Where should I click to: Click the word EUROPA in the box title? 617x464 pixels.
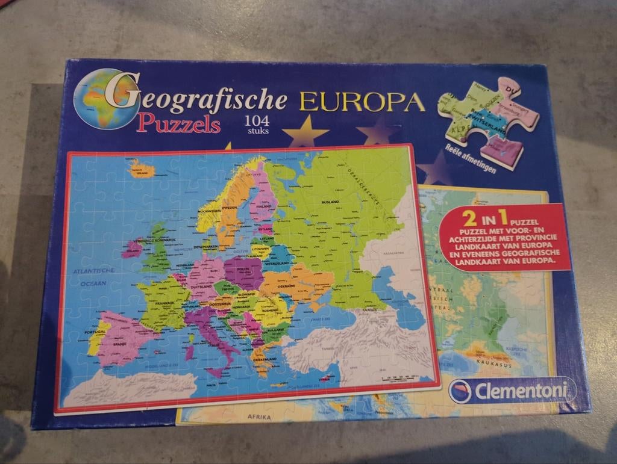tap(360, 102)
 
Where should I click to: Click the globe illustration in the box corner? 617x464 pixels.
tap(101, 99)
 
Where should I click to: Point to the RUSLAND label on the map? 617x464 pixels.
tap(331, 203)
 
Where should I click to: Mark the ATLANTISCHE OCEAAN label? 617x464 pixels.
tap(89, 277)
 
